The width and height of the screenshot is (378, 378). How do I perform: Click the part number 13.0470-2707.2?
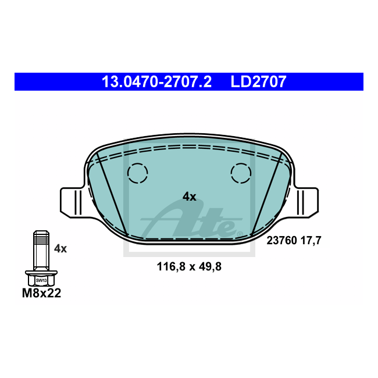click(x=156, y=82)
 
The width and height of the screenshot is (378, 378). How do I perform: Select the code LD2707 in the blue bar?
click(x=258, y=82)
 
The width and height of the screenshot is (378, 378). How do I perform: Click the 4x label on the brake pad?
click(x=189, y=197)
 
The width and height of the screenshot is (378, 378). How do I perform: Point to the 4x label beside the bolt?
click(x=60, y=248)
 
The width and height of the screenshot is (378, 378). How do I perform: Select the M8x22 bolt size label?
click(x=41, y=293)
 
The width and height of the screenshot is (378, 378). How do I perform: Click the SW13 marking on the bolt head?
click(x=41, y=280)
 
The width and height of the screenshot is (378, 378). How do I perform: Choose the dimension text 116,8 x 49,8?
click(x=189, y=267)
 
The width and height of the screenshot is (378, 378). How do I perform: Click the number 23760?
click(x=281, y=241)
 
